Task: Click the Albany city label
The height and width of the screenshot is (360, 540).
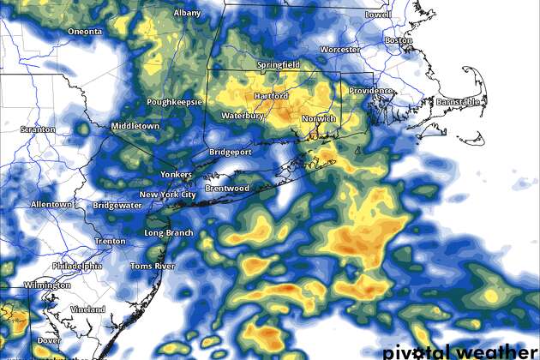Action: [187, 14]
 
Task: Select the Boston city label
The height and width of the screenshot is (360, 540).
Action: [399, 40]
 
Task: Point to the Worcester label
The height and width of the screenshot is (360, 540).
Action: [339, 50]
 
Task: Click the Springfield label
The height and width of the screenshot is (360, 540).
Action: [279, 65]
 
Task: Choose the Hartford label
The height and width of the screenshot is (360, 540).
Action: [271, 96]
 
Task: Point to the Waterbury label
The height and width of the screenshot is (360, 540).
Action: [241, 115]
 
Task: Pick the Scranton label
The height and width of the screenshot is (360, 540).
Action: [38, 129]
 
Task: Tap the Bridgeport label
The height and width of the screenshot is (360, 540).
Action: [229, 153]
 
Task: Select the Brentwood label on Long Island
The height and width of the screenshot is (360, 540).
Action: [227, 189]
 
